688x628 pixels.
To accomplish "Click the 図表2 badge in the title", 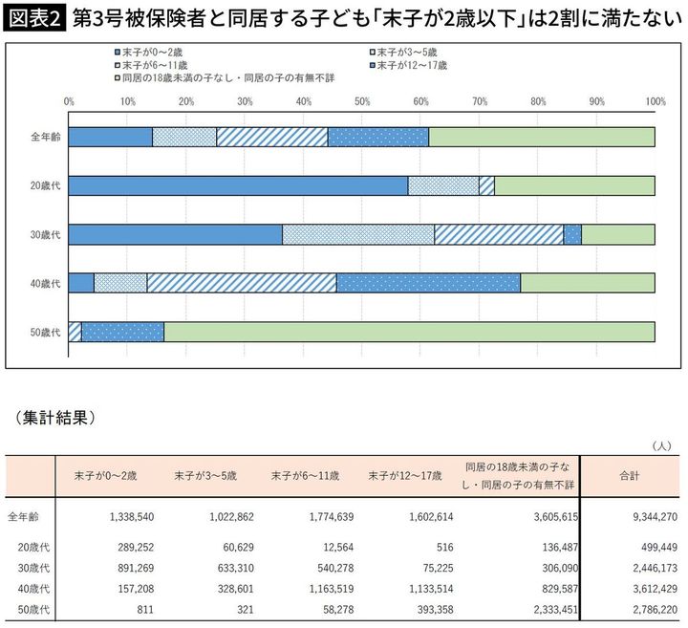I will [x=35, y=19].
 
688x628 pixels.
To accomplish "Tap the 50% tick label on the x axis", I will [x=362, y=100].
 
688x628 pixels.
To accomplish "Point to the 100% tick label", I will [x=655, y=100].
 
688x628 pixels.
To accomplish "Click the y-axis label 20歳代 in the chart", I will [x=45, y=185].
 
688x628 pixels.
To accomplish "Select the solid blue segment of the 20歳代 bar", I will [x=238, y=185].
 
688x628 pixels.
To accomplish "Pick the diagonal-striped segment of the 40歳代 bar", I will [x=241, y=283].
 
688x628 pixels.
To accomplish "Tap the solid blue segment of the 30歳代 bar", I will [x=175, y=234].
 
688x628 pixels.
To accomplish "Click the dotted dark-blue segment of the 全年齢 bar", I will [x=377, y=137].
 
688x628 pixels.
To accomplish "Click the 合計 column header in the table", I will [x=628, y=476].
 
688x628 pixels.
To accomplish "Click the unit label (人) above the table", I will [x=661, y=445].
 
